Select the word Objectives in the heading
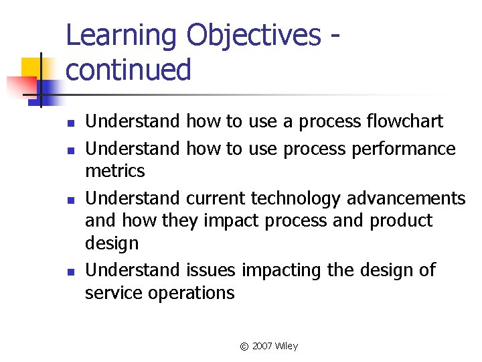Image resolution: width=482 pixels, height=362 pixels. [254, 37]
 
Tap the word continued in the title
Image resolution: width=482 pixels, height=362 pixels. [129, 70]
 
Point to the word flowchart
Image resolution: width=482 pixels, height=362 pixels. [405, 121]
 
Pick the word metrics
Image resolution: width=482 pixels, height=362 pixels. [114, 171]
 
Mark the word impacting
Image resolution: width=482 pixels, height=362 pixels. [281, 270]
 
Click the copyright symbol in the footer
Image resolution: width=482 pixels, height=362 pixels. [244, 347]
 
